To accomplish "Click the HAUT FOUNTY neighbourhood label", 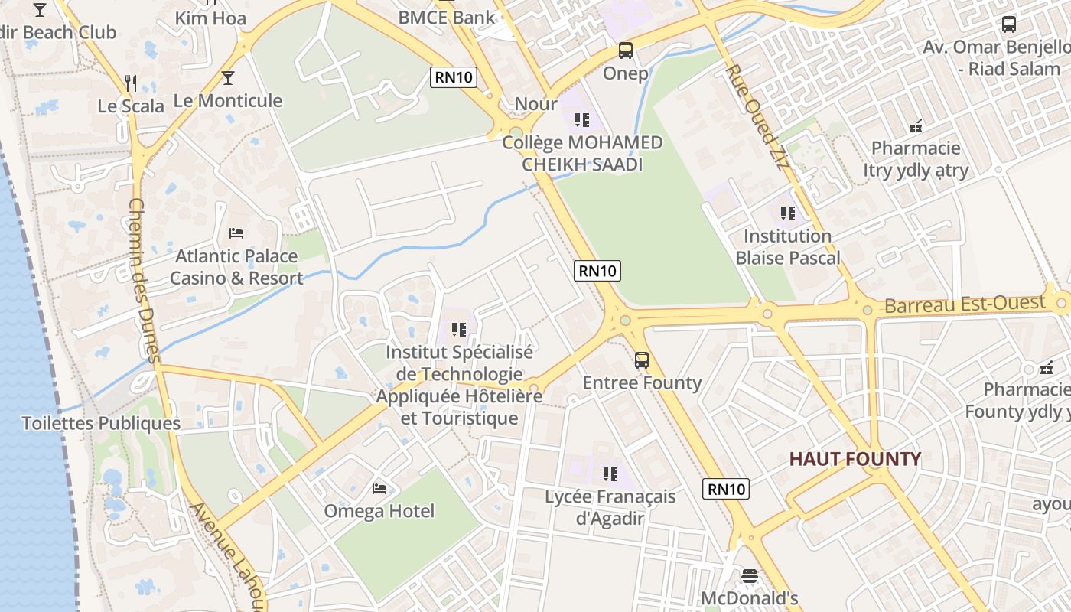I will (x=855, y=459).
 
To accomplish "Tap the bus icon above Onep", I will (x=626, y=51).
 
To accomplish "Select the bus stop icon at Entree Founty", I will (x=642, y=360).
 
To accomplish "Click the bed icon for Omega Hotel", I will (x=379, y=488).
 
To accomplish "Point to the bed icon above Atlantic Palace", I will (x=236, y=233).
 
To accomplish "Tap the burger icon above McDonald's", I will (x=750, y=575).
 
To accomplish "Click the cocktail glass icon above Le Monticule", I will (x=227, y=78).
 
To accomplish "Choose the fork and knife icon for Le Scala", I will (x=131, y=83).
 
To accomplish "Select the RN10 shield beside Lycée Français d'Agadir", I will (x=726, y=489).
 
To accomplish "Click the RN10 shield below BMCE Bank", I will (x=454, y=76).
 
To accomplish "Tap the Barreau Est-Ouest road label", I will (x=965, y=304).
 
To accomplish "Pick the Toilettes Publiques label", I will (x=101, y=423).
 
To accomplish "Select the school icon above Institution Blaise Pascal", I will (x=788, y=213).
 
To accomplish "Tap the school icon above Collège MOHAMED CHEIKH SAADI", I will (x=582, y=120).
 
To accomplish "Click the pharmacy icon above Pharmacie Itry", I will (x=916, y=125).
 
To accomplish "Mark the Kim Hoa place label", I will (x=210, y=18).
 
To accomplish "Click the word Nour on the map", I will (x=535, y=103).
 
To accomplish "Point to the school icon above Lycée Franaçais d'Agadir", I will (x=610, y=474).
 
